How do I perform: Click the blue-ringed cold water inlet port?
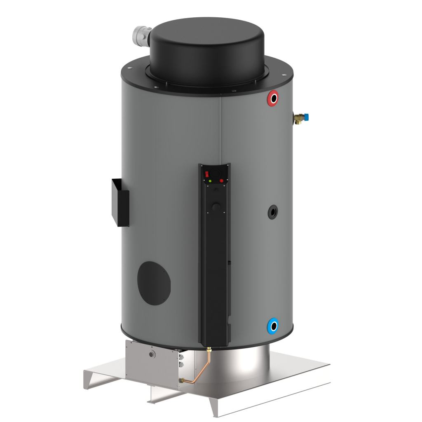point(272,326)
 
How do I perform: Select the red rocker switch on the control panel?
point(207,174)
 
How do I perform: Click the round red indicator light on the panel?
point(221,181)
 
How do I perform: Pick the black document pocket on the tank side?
point(120,202)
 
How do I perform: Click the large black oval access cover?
point(153,283)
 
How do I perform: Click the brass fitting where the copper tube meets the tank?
point(209,351)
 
